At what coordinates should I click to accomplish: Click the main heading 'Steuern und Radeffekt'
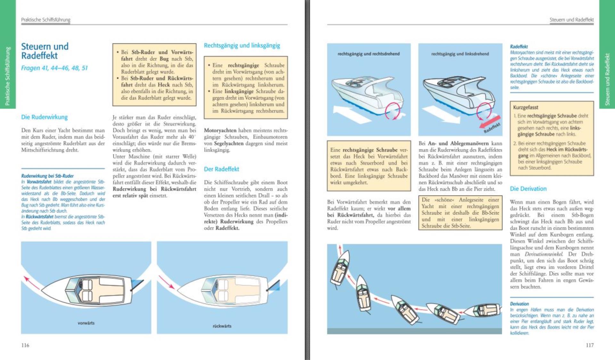coord(45,51)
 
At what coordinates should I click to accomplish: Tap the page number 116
coord(25,345)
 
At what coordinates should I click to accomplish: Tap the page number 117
coord(589,345)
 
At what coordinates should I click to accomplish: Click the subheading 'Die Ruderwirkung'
coord(44,117)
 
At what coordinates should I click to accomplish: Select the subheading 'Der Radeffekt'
coord(221,169)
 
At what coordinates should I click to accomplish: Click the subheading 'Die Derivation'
coord(528,189)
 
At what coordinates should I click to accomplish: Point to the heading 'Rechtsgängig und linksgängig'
coord(242,45)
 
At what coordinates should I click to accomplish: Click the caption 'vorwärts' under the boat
coord(86,323)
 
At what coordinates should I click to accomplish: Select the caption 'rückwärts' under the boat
coord(222,326)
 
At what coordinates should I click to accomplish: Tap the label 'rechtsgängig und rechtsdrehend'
coord(368,54)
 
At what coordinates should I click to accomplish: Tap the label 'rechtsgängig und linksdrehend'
coord(460,54)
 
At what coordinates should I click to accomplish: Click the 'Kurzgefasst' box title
coord(525,107)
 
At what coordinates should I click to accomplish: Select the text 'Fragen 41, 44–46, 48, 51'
coord(54,68)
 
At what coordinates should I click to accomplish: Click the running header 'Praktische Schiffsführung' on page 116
coord(45,20)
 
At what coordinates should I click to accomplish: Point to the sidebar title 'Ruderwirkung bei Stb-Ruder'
coord(47,176)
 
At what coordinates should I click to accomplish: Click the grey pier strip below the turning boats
coord(414,331)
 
